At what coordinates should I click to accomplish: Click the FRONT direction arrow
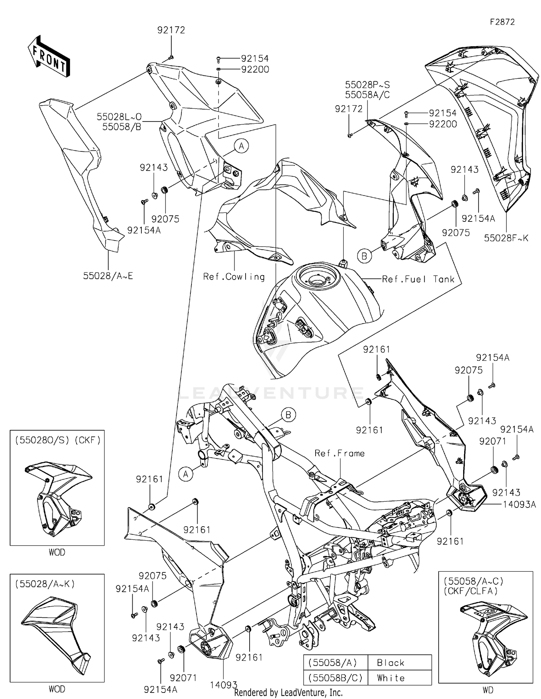point(49,56)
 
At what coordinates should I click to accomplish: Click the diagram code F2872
point(502,22)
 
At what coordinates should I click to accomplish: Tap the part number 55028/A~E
point(108,276)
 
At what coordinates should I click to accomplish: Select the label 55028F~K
point(506,238)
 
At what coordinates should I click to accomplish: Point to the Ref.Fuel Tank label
point(418,279)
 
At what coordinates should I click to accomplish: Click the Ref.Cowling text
point(234,277)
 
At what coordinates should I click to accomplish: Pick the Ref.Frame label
point(339,453)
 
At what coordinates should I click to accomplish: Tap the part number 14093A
point(519,505)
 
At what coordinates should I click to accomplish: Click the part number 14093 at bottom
point(224,685)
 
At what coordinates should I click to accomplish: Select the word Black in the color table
point(391,663)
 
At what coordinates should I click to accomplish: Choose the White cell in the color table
point(391,678)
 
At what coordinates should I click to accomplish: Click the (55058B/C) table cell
point(335,678)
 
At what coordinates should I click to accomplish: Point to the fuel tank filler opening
point(316,278)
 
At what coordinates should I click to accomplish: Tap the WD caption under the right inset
point(488,690)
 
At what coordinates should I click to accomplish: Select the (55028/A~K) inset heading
point(45,584)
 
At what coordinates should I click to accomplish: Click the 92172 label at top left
point(171,30)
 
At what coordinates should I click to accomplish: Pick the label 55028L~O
point(119,117)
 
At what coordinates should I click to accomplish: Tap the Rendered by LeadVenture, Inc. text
point(288,693)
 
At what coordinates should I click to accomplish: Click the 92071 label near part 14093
point(183,678)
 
